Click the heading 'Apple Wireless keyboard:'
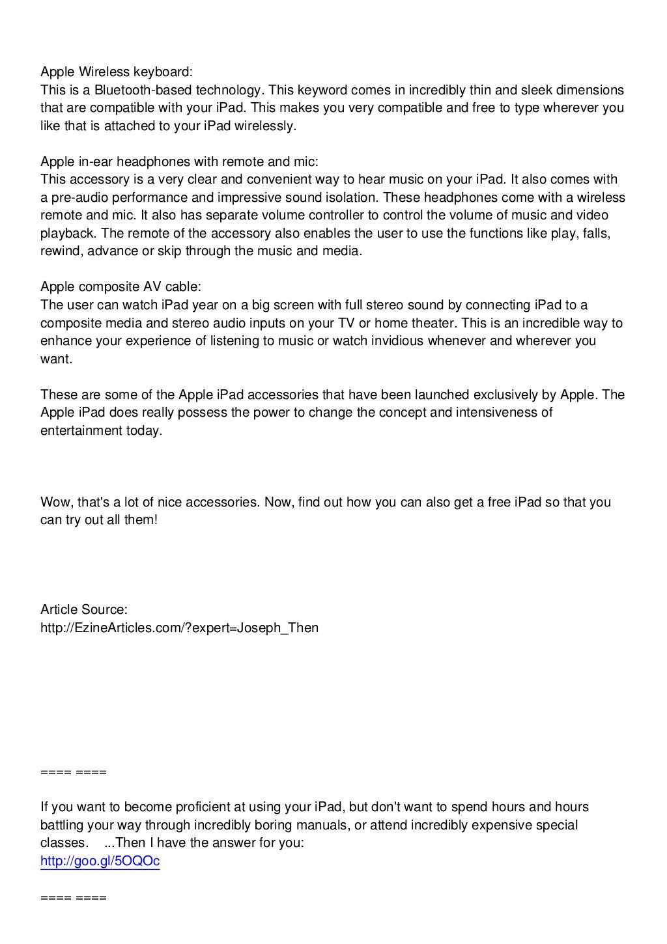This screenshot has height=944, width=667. tap(117, 71)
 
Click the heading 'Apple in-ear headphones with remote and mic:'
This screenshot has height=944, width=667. tap(179, 161)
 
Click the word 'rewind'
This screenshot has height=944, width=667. tap(60, 251)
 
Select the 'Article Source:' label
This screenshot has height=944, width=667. tap(84, 610)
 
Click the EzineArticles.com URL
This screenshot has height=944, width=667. tap(179, 628)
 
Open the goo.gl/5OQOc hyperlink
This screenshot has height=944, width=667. tap(100, 861)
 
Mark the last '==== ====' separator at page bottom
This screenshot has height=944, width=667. tap(73, 898)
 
